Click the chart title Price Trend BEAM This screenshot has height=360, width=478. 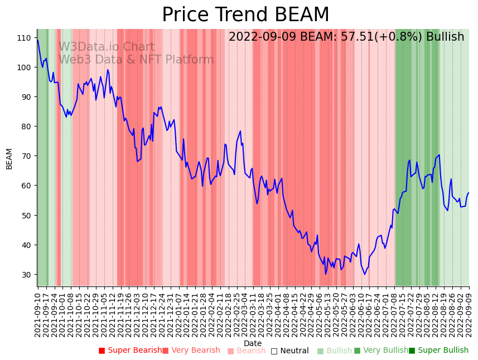coord(245,15)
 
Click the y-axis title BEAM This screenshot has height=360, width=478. coord(9,159)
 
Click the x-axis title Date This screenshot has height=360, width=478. coord(253,344)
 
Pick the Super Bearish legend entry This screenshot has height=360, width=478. coord(131,351)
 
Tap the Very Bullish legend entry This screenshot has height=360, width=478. coord(382,351)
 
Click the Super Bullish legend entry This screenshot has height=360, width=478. coord(439,351)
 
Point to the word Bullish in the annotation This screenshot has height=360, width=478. coord(445,37)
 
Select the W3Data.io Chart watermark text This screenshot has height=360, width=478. coord(107,47)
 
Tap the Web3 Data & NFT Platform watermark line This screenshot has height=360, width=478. coord(136,60)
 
